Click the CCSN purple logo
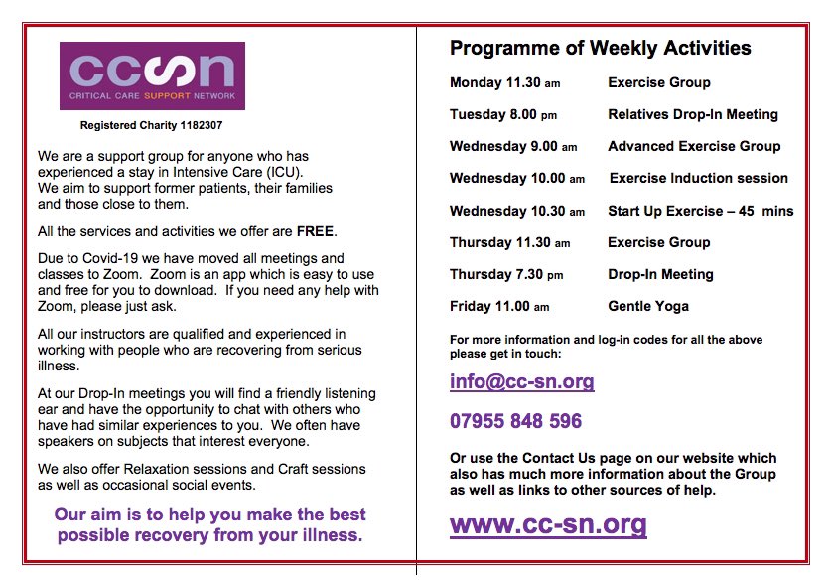(x=152, y=75)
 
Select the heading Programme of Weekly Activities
(x=600, y=48)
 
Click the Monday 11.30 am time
(x=503, y=82)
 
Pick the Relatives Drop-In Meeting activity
(x=692, y=114)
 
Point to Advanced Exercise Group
(x=694, y=146)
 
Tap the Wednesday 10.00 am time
(x=516, y=179)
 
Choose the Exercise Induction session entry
(x=698, y=179)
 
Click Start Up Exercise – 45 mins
(x=700, y=211)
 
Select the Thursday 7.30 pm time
(x=505, y=274)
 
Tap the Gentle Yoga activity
(x=647, y=306)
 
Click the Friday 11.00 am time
(x=498, y=306)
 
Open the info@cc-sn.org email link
(x=521, y=381)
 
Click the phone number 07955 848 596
(x=515, y=421)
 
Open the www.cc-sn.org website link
(x=547, y=523)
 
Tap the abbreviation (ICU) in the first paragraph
(x=282, y=172)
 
